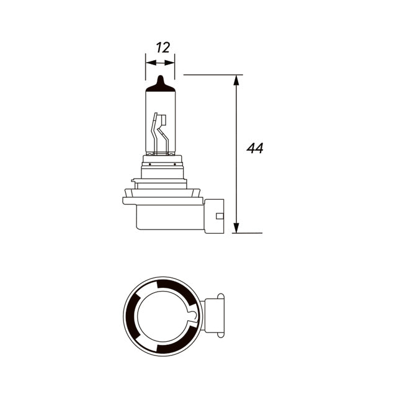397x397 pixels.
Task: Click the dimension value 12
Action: (x=163, y=48)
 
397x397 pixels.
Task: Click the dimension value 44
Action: (x=255, y=148)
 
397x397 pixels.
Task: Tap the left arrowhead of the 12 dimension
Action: (x=151, y=63)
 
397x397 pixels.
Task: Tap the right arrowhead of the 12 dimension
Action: (x=169, y=63)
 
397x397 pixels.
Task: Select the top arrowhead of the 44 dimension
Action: (x=236, y=80)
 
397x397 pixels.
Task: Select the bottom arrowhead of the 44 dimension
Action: (x=236, y=228)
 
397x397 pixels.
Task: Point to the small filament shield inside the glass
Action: (x=163, y=120)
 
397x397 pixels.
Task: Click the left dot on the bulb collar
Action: (x=150, y=164)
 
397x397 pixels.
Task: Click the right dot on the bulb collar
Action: (x=175, y=164)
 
